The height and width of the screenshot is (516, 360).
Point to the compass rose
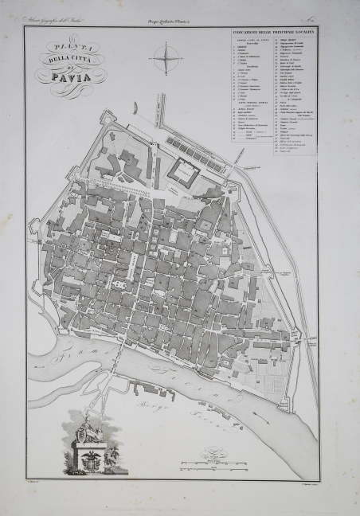(167, 61)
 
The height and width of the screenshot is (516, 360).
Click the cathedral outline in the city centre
(119, 284)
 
